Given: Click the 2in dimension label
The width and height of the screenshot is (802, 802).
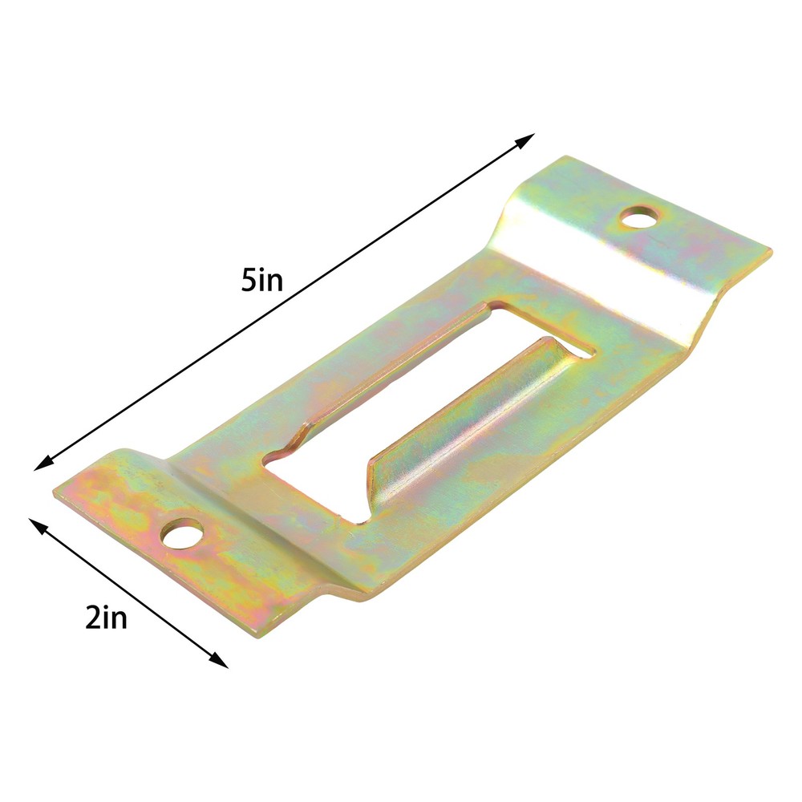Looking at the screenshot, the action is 106,618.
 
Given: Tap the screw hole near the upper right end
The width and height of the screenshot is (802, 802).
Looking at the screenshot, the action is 638,217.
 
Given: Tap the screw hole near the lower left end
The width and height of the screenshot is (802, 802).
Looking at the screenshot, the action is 181,534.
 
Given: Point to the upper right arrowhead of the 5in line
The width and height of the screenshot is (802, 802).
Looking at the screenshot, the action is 526,140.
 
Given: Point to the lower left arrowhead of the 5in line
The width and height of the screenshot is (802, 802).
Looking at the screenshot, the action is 42,463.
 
